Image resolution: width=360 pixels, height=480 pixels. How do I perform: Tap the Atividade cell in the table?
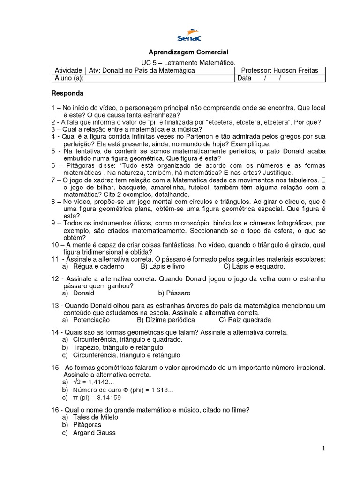click(x=69, y=70)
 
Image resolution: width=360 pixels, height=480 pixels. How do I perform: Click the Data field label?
click(x=245, y=78)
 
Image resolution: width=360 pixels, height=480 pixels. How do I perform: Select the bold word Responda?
click(x=67, y=93)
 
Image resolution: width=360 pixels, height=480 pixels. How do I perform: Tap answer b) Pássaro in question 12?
click(x=174, y=293)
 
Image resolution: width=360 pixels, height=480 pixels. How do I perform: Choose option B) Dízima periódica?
click(x=165, y=320)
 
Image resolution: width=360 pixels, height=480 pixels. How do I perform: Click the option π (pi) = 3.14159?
click(x=97, y=397)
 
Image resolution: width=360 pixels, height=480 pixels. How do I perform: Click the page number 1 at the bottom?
click(x=323, y=449)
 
